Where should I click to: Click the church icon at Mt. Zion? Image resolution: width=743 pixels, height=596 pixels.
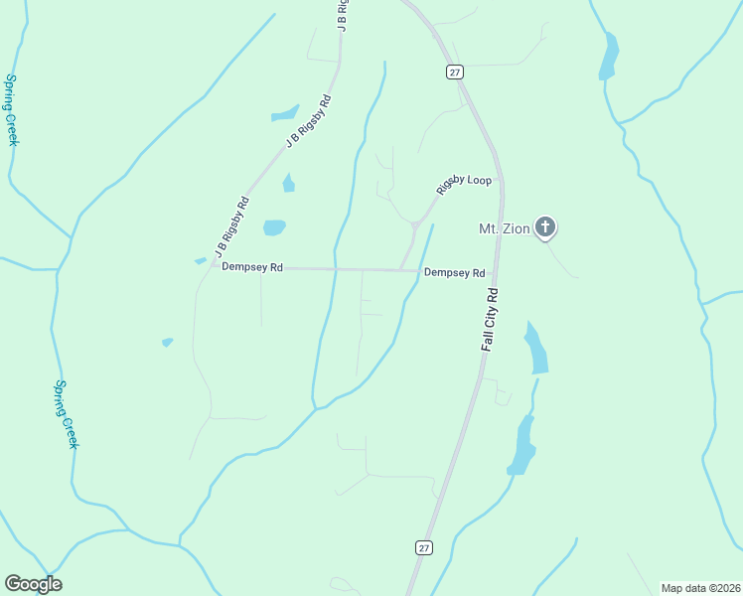(x=544, y=227)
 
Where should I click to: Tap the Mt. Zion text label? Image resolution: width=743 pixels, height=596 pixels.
(x=502, y=229)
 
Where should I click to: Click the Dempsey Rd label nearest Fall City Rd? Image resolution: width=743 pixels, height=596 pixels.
(x=454, y=273)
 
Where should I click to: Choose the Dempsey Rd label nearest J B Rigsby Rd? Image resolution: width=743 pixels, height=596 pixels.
(x=252, y=267)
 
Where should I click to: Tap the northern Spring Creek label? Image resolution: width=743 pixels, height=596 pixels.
(x=12, y=109)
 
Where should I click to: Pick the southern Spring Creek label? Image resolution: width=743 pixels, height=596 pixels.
(x=66, y=413)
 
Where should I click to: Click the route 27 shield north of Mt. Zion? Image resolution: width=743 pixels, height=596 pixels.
(x=454, y=72)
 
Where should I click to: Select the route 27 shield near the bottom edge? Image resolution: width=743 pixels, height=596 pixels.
(x=423, y=547)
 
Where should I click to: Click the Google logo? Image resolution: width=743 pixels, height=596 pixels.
(x=33, y=584)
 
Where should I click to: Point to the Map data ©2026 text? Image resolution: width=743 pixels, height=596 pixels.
(x=699, y=588)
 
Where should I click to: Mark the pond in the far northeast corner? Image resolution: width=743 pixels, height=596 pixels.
(x=608, y=56)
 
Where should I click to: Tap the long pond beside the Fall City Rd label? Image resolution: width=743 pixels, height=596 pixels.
(x=536, y=349)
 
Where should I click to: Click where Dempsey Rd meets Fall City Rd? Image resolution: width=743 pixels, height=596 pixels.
(x=497, y=270)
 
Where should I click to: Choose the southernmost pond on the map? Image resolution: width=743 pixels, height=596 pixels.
(x=520, y=446)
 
